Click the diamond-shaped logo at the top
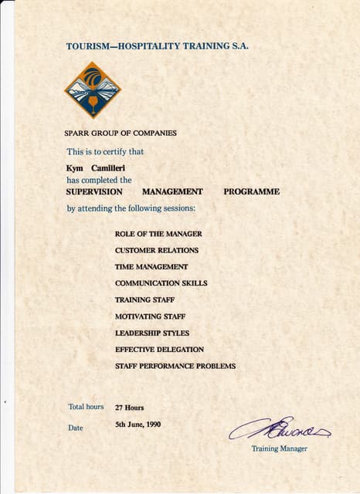(93, 90)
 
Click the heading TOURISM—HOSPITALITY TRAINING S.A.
(158, 46)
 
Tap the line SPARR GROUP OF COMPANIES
(120, 133)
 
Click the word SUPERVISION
(95, 191)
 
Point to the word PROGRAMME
(251, 191)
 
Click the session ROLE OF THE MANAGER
(158, 233)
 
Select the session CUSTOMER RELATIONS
(156, 250)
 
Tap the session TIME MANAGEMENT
(151, 266)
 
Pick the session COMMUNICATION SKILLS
(161, 283)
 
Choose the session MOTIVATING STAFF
(150, 316)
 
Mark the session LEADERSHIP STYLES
(151, 333)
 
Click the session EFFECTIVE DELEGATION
(159, 350)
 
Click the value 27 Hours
(129, 408)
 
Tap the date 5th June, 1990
(138, 424)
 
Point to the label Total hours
(85, 407)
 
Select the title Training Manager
(279, 448)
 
